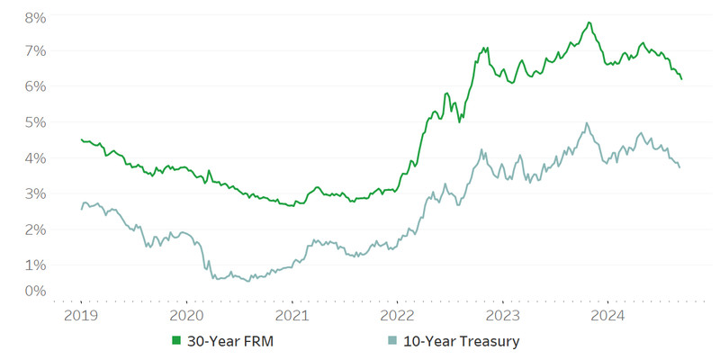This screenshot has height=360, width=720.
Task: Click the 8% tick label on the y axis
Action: tap(36, 17)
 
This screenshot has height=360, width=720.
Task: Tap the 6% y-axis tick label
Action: tap(36, 86)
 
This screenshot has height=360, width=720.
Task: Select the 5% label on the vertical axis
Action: tap(36, 122)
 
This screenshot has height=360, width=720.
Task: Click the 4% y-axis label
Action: tap(36, 158)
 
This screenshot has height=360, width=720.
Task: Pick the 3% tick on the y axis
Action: tap(36, 194)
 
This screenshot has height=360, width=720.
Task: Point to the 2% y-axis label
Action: tap(36, 230)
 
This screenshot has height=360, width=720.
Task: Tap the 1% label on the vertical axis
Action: tap(36, 266)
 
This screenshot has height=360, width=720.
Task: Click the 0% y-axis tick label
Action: tap(36, 291)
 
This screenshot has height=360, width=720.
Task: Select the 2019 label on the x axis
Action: tap(81, 315)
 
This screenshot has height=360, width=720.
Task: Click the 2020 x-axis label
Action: tap(186, 315)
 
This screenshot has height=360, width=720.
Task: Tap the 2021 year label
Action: tap(292, 315)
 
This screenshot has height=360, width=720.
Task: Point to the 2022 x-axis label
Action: tap(397, 315)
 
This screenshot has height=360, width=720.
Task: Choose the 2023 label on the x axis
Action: tap(502, 315)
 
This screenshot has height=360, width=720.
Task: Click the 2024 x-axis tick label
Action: tap(607, 315)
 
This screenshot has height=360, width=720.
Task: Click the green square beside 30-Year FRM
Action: tap(176, 341)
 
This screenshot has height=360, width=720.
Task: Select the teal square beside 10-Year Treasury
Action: tap(391, 341)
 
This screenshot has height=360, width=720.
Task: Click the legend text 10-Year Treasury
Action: tap(460, 341)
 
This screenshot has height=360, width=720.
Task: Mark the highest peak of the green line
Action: tap(589, 22)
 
